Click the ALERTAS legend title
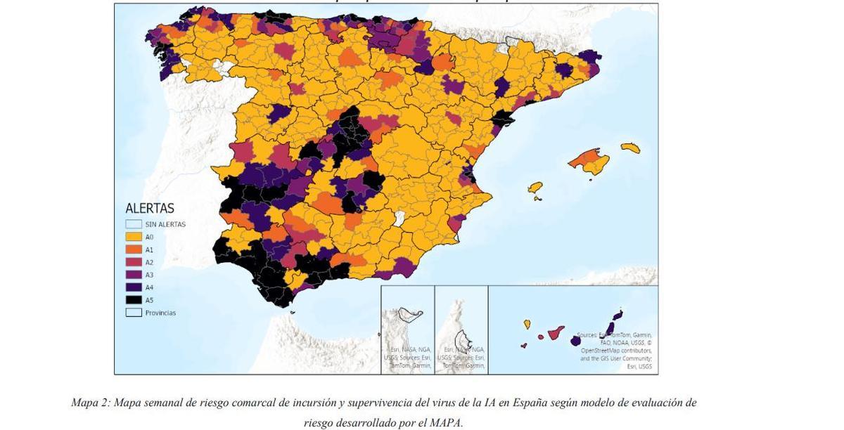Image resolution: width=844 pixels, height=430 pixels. click(x=149, y=209)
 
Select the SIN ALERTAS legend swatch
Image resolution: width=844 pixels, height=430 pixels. click(x=134, y=224)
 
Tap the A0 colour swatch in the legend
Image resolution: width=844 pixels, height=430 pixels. click(x=134, y=237)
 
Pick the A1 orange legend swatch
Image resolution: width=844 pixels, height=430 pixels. click(x=134, y=249)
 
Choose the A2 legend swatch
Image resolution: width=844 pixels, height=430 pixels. click(x=134, y=262)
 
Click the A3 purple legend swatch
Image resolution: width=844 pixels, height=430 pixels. click(x=134, y=275)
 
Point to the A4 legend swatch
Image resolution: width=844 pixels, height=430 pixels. click(x=134, y=287)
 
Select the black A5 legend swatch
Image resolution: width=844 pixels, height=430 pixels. click(x=134, y=300)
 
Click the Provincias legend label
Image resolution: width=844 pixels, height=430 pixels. click(x=160, y=313)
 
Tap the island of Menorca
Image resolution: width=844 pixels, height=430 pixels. click(x=631, y=148)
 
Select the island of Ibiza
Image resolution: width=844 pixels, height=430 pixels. click(x=535, y=188)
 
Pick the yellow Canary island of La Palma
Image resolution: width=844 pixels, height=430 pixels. click(x=527, y=324)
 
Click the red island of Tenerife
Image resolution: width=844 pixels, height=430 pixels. click(x=555, y=332)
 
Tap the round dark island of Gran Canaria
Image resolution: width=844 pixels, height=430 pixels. click(x=576, y=341)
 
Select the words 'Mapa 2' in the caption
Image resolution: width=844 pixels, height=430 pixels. click(x=89, y=403)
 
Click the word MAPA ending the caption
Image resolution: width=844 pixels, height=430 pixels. click(x=446, y=423)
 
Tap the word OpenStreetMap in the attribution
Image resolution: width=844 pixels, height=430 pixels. click(x=601, y=350)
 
